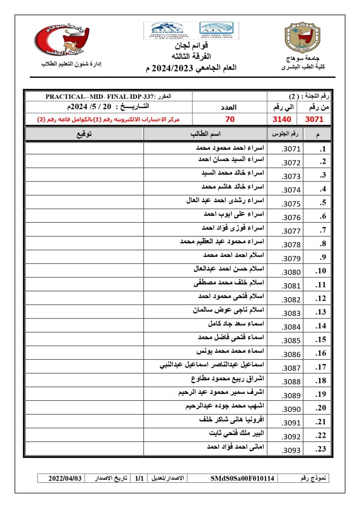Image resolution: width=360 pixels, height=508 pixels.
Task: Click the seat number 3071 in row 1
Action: coord(291,149)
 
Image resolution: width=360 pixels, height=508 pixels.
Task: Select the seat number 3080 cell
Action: coord(291,272)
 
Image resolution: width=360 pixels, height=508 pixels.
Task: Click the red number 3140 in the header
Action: coord(283,120)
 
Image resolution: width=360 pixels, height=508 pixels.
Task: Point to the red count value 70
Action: coord(229,120)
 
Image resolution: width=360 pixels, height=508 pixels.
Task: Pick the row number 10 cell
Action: coord(320,271)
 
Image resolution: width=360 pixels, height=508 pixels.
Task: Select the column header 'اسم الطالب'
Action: coord(206,134)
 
